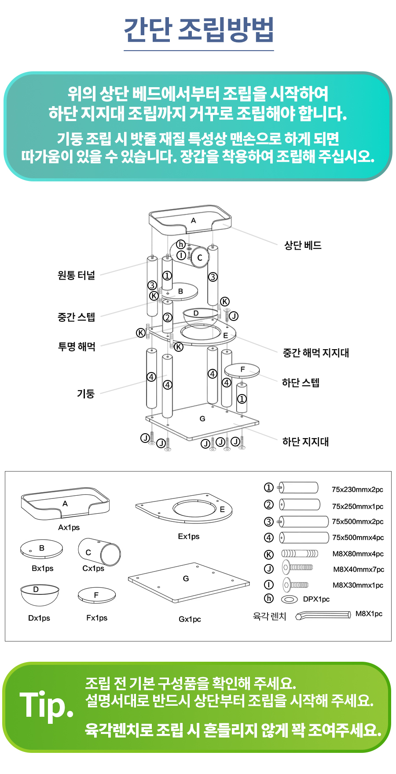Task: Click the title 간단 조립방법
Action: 198,30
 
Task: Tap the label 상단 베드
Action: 303,245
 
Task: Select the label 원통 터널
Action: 76,276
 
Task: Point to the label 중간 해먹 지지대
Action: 315,353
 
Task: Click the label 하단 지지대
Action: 305,442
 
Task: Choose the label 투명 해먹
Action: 77,346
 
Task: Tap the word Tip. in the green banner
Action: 47,706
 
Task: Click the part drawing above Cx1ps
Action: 99,552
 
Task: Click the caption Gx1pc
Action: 190,619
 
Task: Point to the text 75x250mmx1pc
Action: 357,506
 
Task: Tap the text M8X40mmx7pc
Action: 358,569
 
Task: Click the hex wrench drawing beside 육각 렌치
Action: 323,615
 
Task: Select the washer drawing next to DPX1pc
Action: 289,599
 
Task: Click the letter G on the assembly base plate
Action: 202,419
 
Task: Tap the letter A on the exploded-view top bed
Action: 193,221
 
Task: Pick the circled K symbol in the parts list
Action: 268,554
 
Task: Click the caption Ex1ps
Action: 189,536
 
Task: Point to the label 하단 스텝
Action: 301,383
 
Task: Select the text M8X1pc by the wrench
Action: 369,614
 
